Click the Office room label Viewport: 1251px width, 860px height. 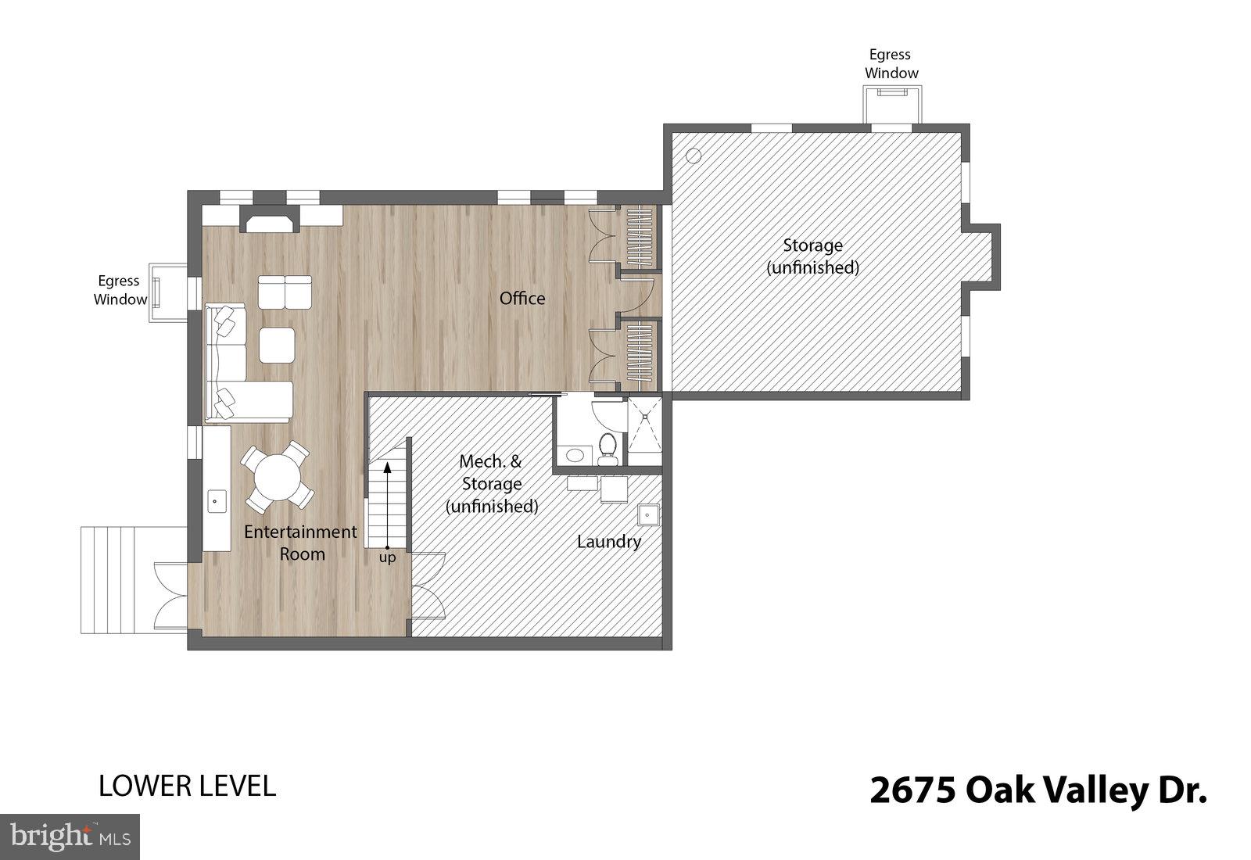click(x=522, y=298)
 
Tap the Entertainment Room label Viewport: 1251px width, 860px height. click(x=300, y=543)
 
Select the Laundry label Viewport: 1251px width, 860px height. click(x=609, y=541)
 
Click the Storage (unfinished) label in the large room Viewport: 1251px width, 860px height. click(x=812, y=256)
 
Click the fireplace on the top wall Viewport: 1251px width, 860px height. click(x=269, y=220)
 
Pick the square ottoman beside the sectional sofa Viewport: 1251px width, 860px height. click(x=277, y=345)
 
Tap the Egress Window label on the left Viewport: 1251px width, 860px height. click(x=120, y=290)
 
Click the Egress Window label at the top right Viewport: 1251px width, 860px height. click(x=891, y=64)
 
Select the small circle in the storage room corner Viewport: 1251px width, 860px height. click(x=694, y=156)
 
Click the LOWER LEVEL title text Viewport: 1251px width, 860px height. click(x=187, y=786)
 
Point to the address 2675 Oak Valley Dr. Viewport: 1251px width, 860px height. click(x=1038, y=790)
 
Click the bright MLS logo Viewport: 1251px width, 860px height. click(x=70, y=837)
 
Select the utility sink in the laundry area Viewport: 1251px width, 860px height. click(x=647, y=516)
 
